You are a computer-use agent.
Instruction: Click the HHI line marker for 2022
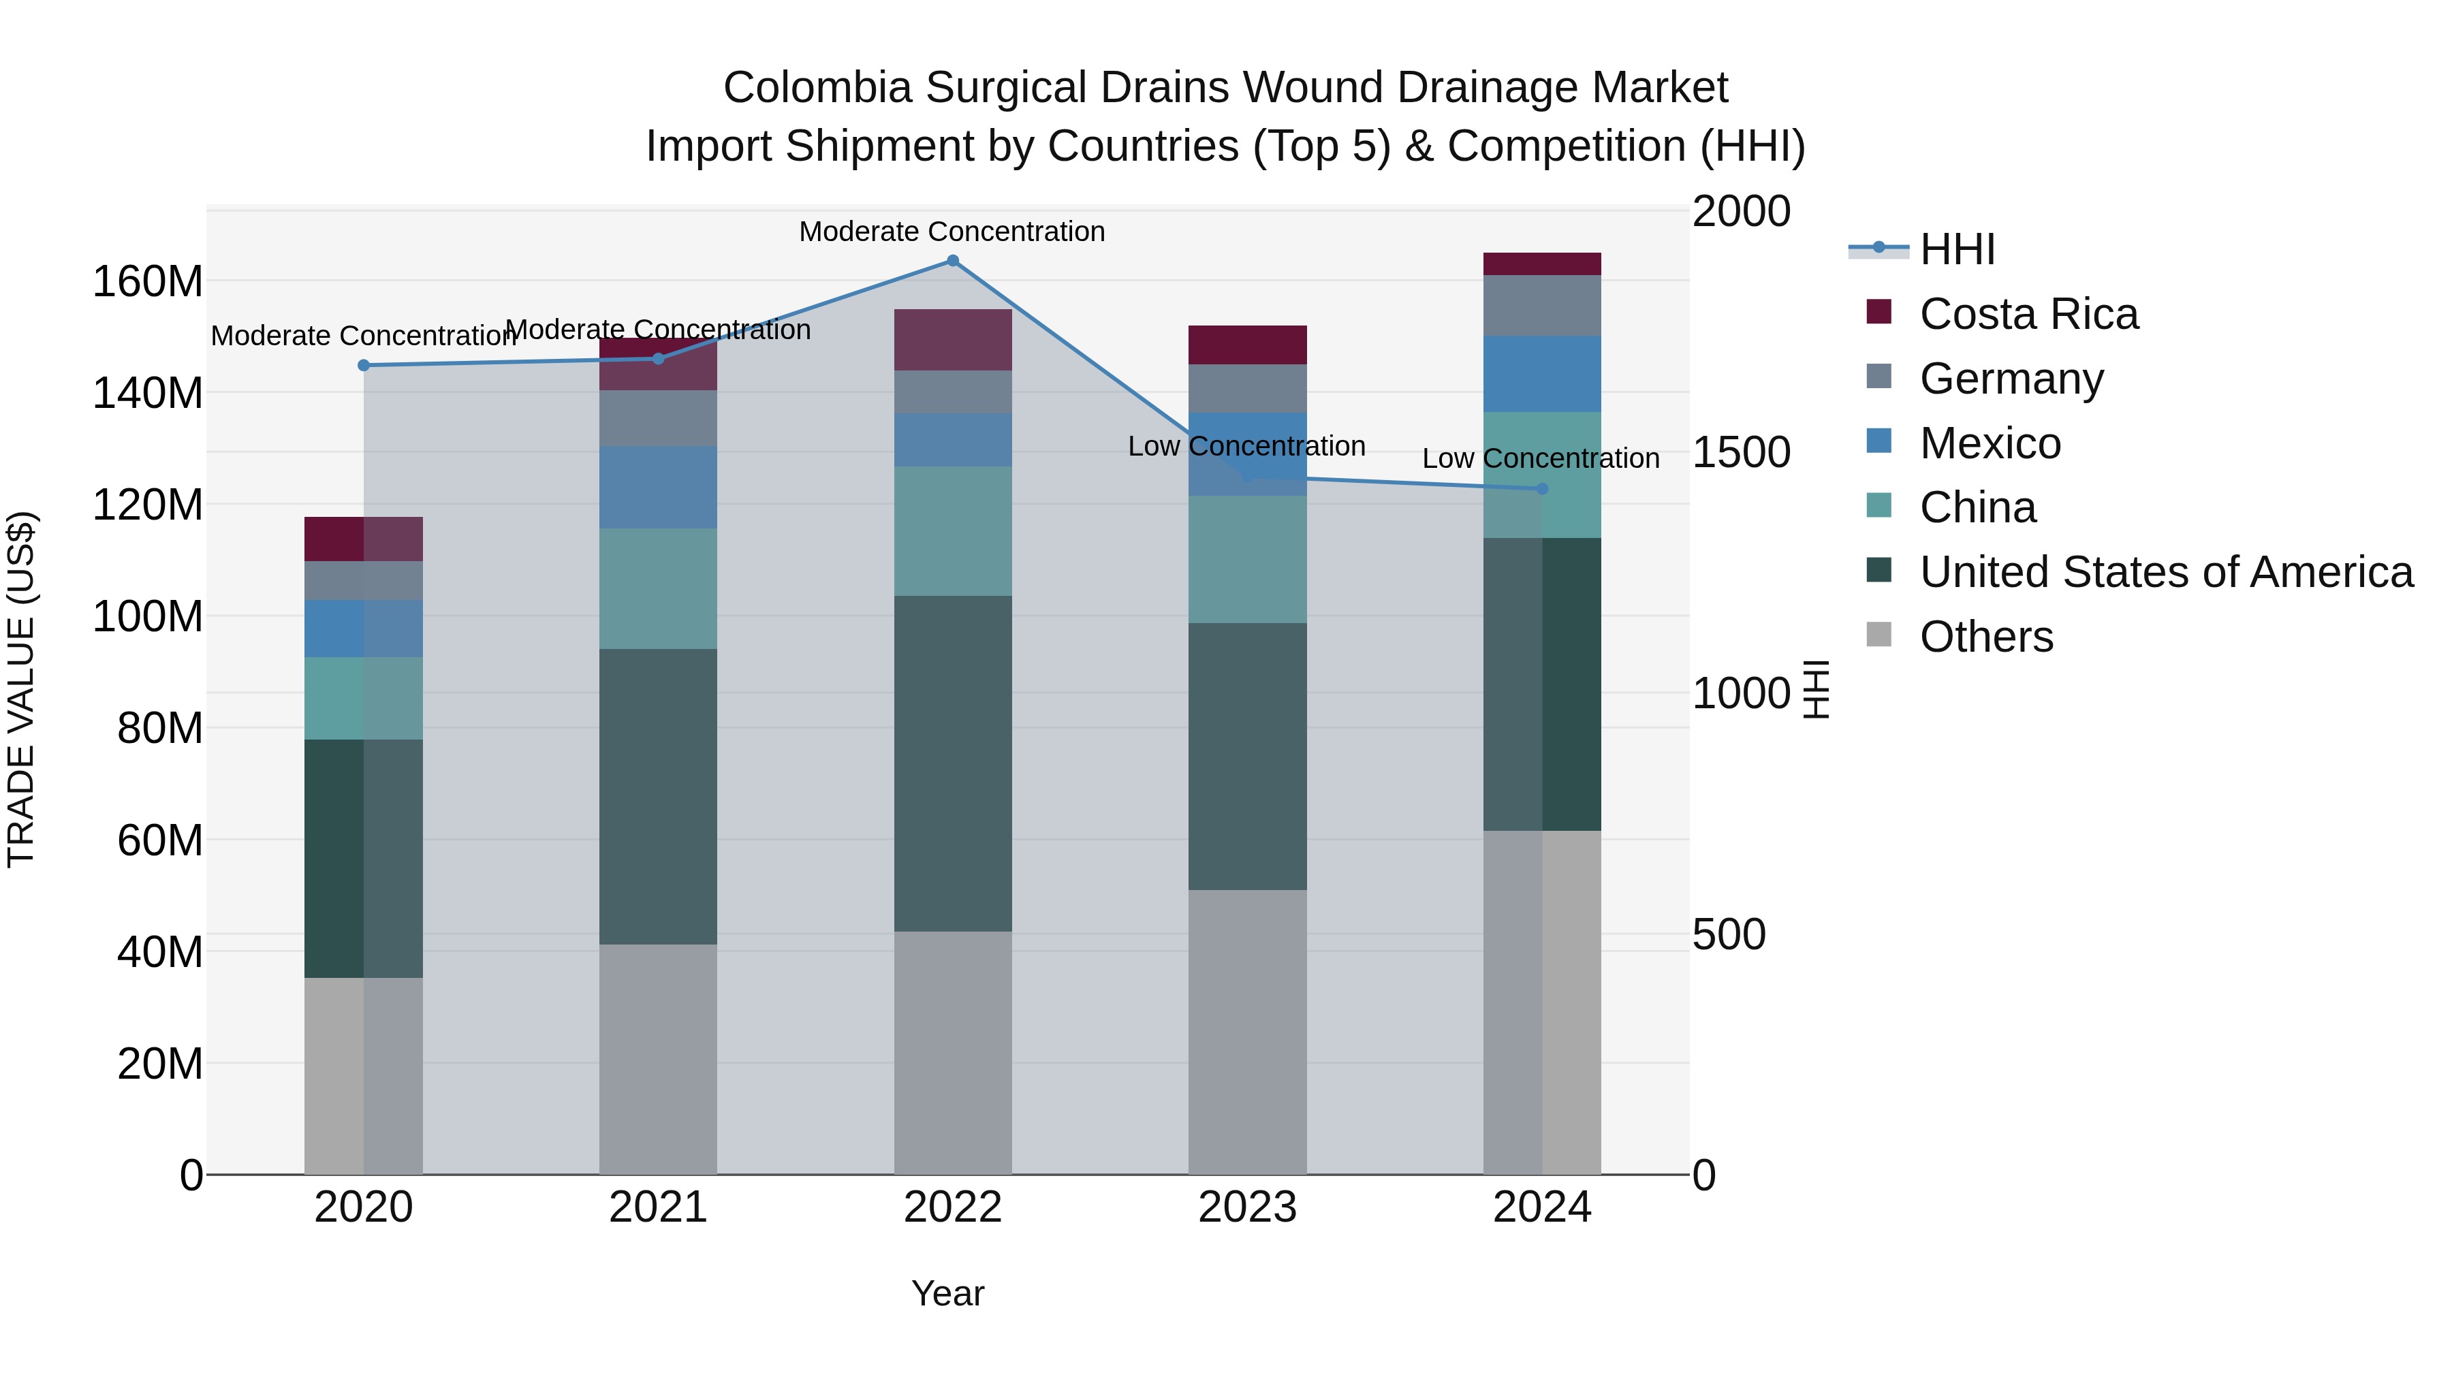(x=952, y=261)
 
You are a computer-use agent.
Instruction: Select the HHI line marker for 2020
(x=364, y=366)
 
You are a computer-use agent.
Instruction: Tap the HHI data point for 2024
(x=1542, y=489)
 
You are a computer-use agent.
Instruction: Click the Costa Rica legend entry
(x=2028, y=314)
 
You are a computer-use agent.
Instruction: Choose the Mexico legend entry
(x=1990, y=443)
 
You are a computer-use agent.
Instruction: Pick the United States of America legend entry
(x=2165, y=572)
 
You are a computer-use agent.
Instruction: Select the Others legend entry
(x=1985, y=637)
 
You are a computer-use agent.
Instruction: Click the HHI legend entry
(x=1956, y=249)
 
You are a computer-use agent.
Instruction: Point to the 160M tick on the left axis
(x=148, y=282)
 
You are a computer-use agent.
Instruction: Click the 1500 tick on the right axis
(x=1741, y=452)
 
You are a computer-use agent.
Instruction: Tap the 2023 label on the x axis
(x=1247, y=1207)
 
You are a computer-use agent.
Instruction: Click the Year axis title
(x=947, y=1293)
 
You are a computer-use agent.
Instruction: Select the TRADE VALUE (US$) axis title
(x=21, y=689)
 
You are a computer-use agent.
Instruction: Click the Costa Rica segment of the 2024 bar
(x=1542, y=264)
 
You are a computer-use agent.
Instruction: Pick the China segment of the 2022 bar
(x=952, y=531)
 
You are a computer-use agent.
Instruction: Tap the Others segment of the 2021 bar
(x=658, y=1058)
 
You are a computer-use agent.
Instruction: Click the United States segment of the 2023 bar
(x=1247, y=757)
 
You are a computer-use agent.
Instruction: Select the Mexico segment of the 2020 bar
(x=364, y=628)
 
